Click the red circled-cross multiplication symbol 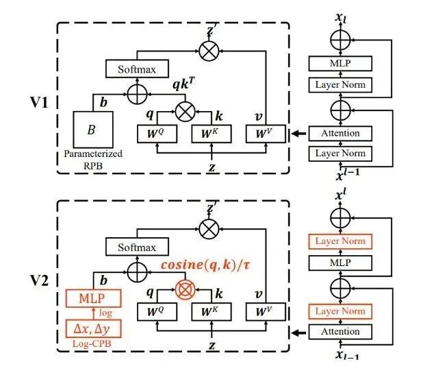pyautogui.click(x=183, y=287)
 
